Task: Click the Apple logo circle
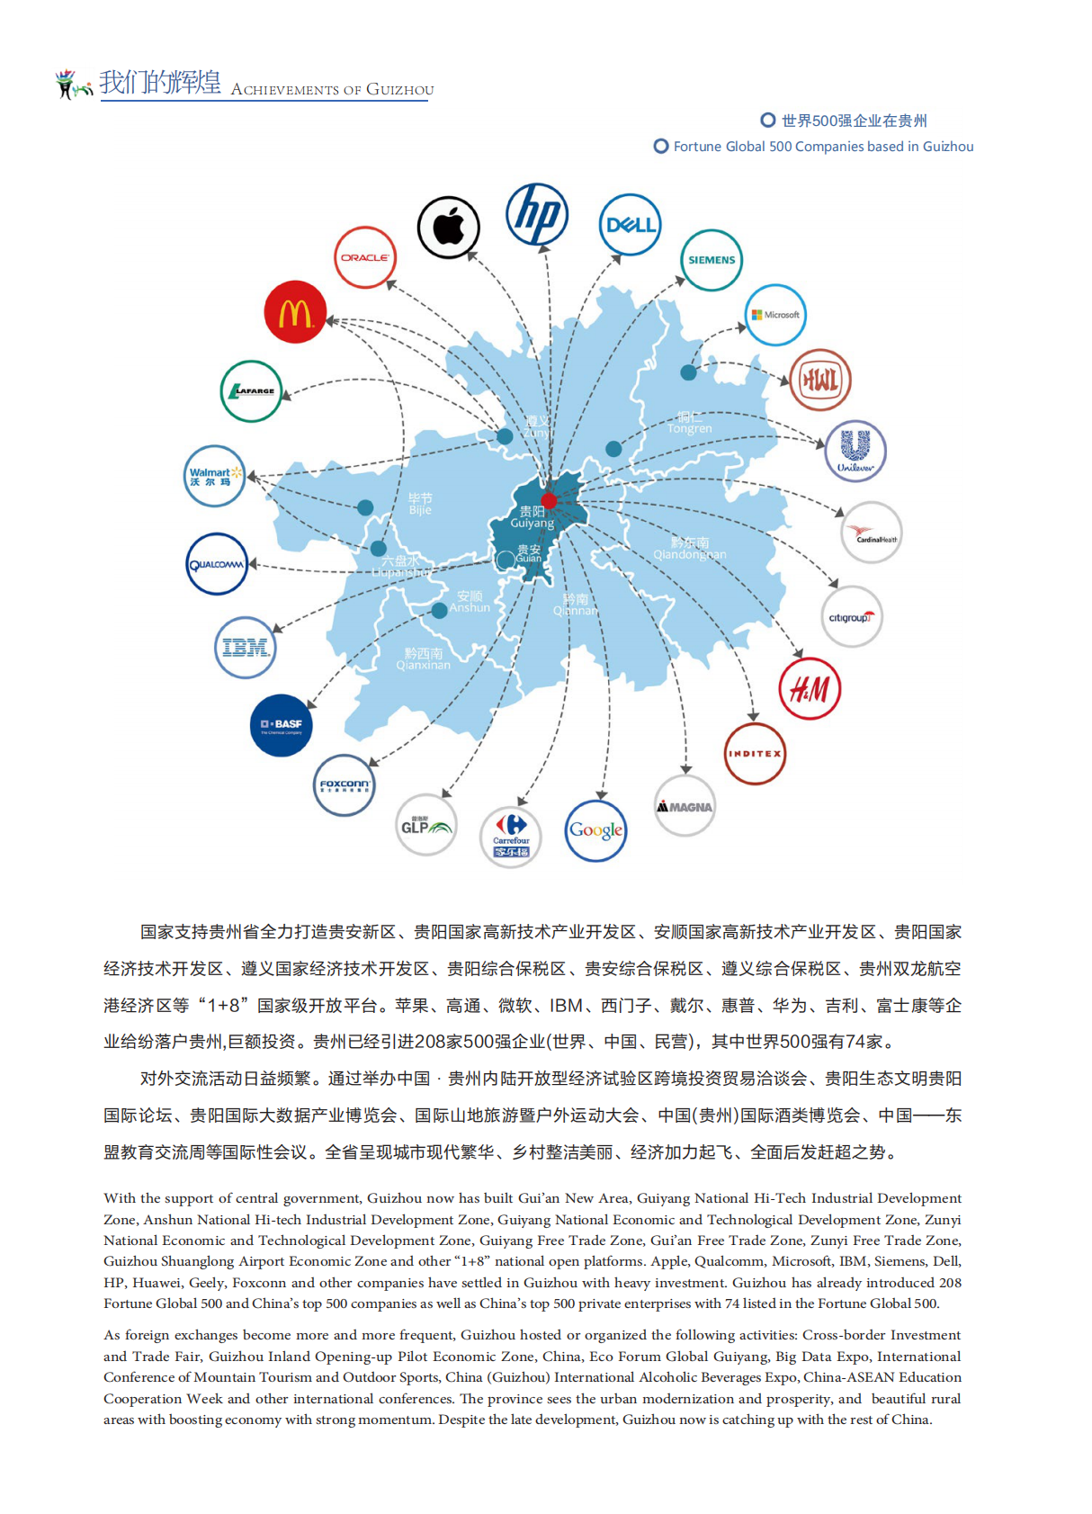pos(448,227)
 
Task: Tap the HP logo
pos(537,214)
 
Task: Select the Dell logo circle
pos(630,225)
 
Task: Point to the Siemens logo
pos(712,260)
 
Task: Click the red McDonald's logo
pos(295,312)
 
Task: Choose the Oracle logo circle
pos(364,257)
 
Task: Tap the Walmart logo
pos(214,476)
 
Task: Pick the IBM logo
pos(245,647)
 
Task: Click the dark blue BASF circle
pos(282,725)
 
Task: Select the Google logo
pos(595,830)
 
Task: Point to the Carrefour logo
pos(511,837)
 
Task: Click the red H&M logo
pos(810,689)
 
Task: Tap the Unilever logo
pos(855,451)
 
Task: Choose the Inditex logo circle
pos(755,754)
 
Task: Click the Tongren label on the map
pos(689,423)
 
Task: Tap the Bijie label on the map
pos(420,504)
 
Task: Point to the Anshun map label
pos(470,602)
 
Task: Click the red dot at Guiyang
pos(549,501)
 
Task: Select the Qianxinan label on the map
pos(423,659)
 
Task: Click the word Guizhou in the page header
pos(399,90)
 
